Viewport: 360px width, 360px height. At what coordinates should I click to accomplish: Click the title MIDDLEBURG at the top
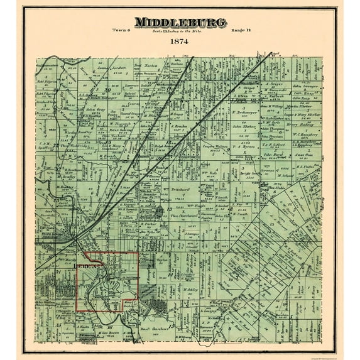180,23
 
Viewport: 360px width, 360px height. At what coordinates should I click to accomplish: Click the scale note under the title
179,31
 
